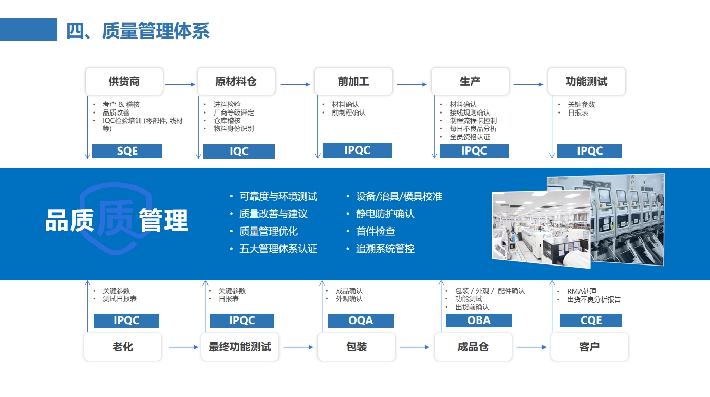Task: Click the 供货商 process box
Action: point(124,82)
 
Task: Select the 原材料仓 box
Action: point(236,82)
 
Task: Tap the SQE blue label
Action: point(127,151)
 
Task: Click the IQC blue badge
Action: point(239,151)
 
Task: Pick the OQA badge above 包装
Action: point(361,320)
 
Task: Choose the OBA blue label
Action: point(479,320)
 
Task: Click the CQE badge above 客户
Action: point(591,320)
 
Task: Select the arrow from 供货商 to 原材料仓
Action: point(180,84)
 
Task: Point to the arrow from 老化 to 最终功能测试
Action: point(183,347)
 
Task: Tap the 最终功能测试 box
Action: point(240,347)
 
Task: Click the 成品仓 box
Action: point(473,347)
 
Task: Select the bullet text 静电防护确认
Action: point(385,214)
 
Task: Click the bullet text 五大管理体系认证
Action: point(278,249)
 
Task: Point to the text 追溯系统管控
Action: point(385,249)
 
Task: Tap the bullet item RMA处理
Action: point(582,291)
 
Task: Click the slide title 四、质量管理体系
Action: point(138,31)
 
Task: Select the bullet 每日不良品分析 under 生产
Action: point(473,128)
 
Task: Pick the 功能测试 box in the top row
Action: point(587,82)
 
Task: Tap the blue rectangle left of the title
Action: point(29,29)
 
